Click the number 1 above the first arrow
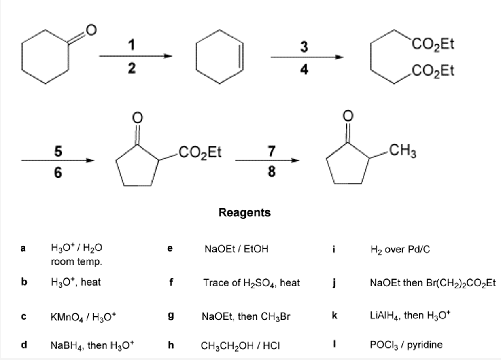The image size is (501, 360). (x=132, y=45)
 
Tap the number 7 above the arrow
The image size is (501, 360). (x=272, y=151)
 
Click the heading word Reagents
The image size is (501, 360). (x=244, y=212)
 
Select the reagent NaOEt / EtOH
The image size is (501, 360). (x=236, y=249)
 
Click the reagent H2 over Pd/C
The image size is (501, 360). (x=400, y=250)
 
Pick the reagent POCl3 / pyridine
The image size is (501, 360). (x=406, y=345)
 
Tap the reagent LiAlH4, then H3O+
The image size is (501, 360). (x=410, y=316)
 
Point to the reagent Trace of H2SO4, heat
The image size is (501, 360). (x=251, y=283)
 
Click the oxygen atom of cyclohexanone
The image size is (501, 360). (x=91, y=30)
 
